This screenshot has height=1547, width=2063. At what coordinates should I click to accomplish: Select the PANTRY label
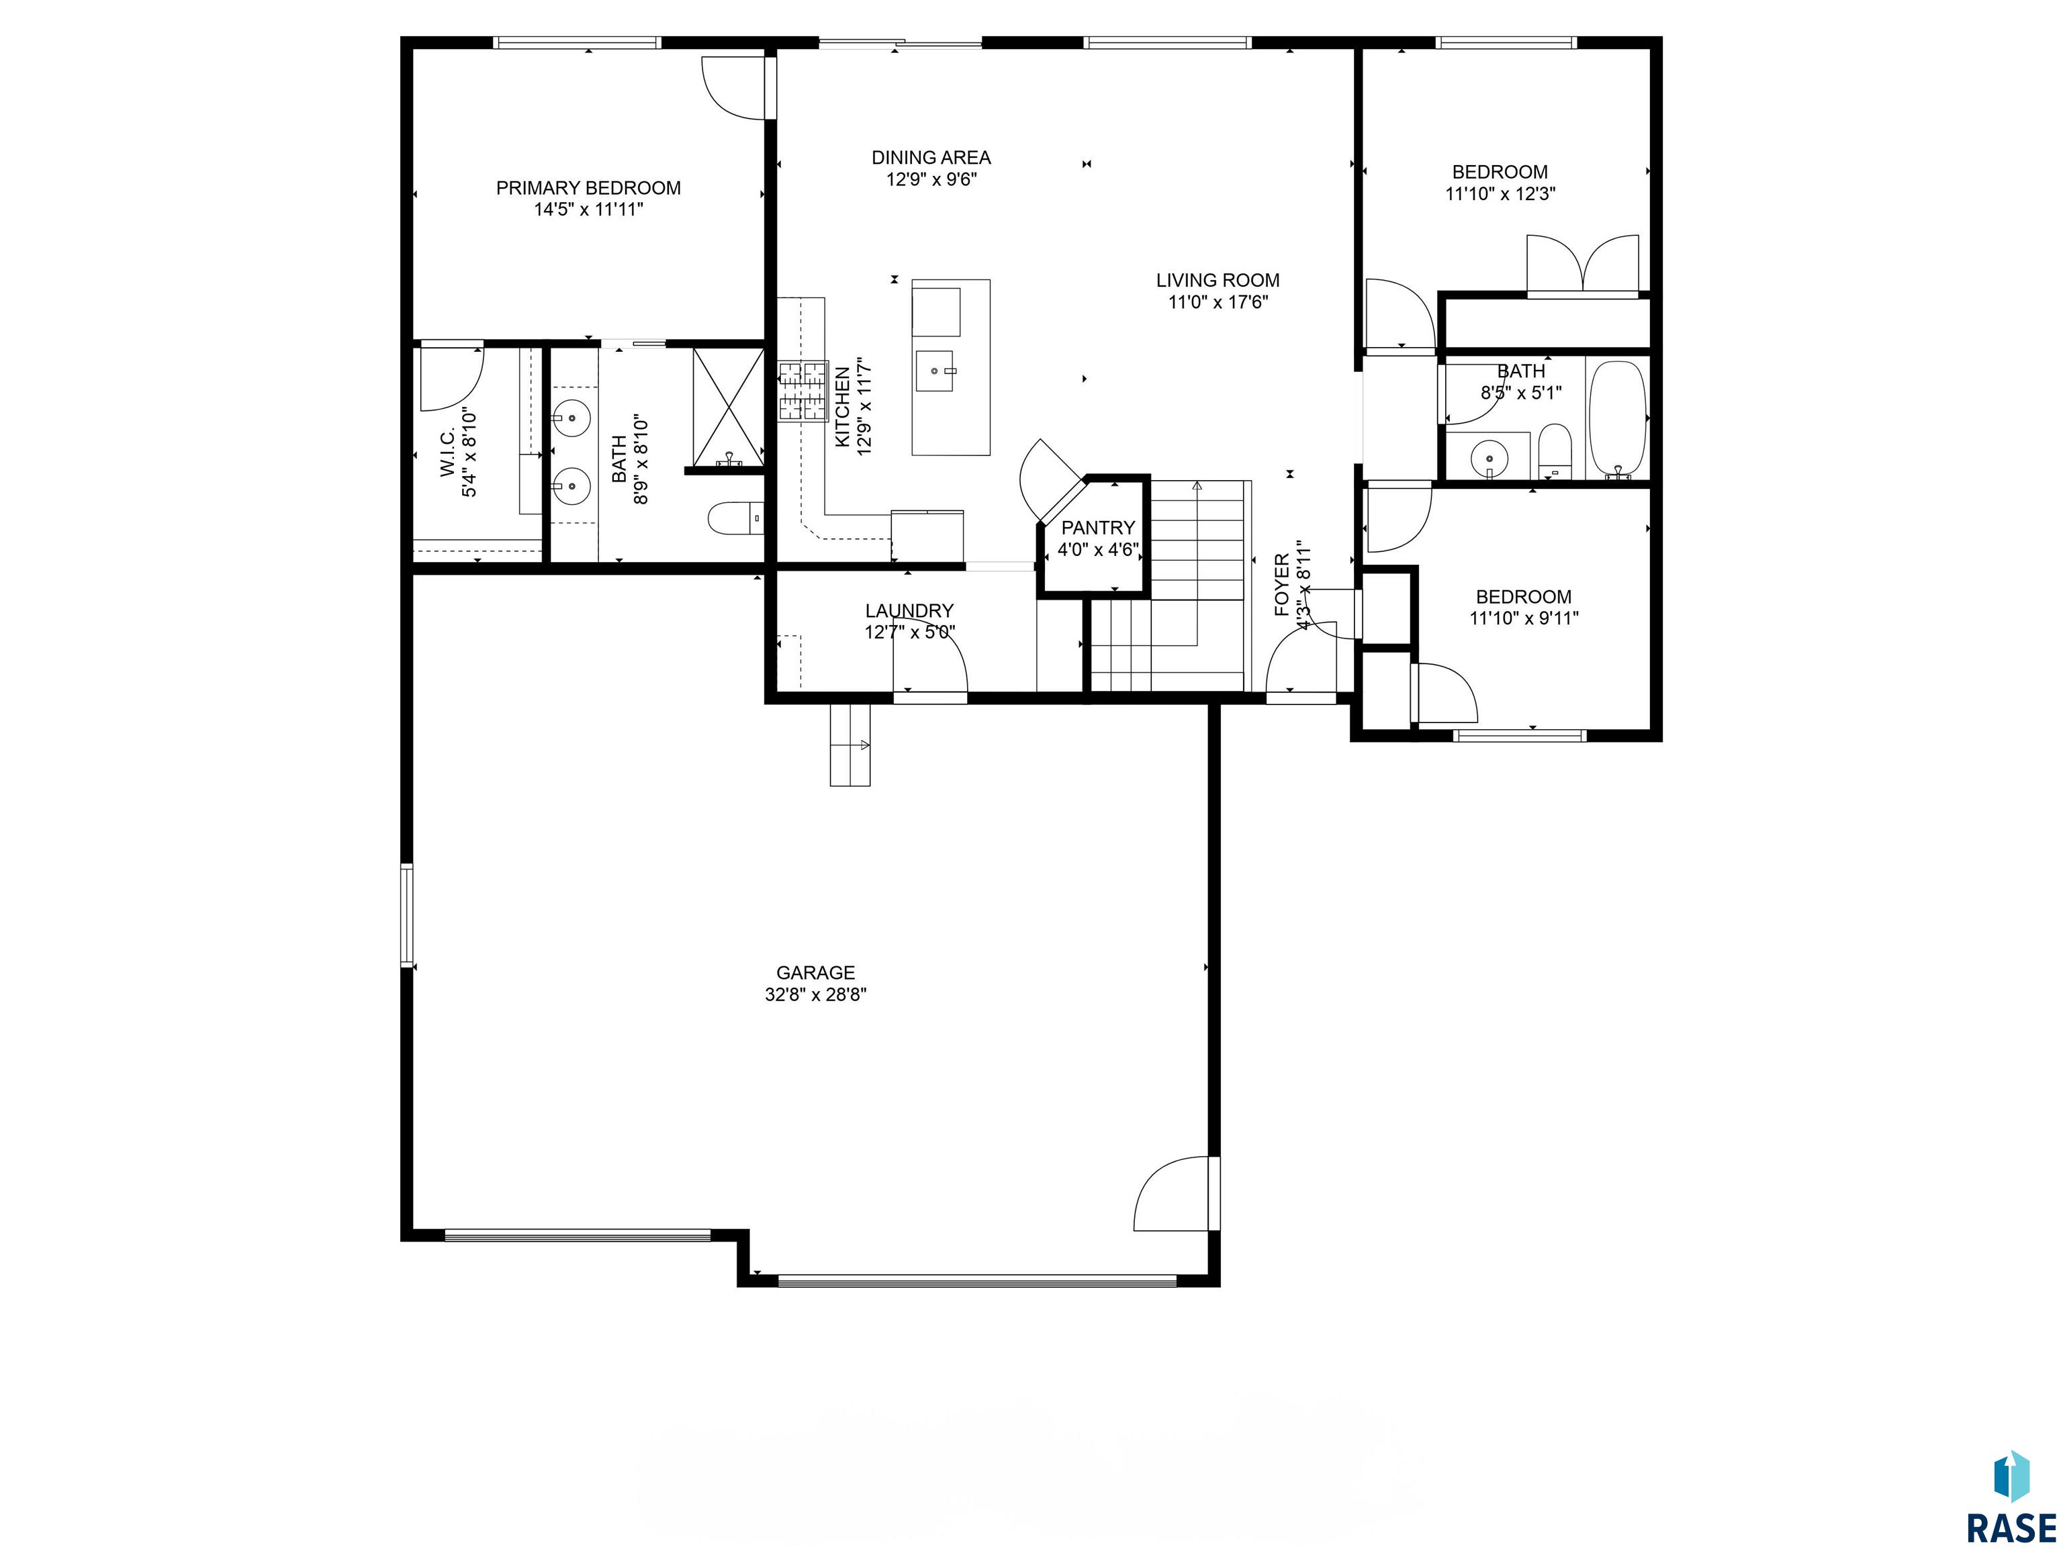point(1098,528)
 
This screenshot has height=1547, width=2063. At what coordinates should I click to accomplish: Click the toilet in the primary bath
point(735,518)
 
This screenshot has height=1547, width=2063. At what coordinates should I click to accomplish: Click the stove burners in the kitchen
point(803,391)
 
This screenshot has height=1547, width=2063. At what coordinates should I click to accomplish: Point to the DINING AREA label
point(931,158)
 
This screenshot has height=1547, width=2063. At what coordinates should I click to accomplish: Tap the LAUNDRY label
point(909,611)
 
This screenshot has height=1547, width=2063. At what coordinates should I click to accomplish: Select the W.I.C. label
point(448,453)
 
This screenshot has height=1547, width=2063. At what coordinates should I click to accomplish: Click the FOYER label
point(1283,585)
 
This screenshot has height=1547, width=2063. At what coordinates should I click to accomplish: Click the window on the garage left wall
point(407,914)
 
